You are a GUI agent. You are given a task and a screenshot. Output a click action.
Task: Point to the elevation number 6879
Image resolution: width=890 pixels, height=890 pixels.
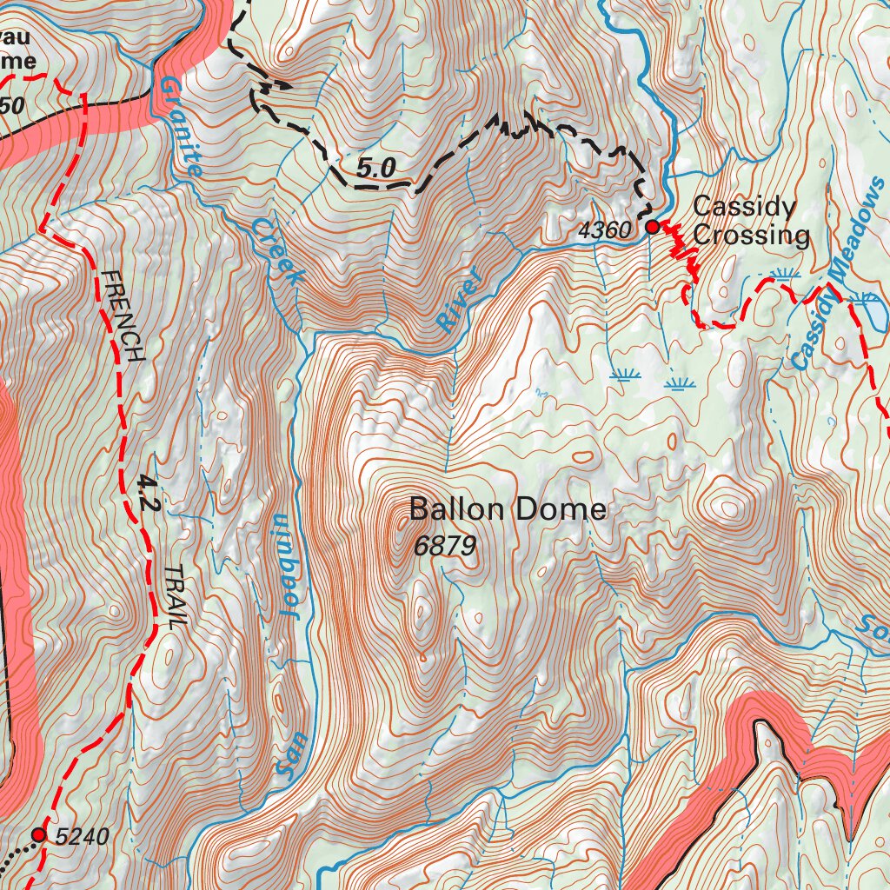[445, 546]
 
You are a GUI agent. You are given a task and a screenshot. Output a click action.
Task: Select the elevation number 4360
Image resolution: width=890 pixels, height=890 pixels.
[603, 231]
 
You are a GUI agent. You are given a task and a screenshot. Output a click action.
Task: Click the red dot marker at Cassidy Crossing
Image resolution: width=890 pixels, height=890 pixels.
[652, 227]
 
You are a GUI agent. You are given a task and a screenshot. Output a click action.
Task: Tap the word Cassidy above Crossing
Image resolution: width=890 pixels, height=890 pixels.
[744, 208]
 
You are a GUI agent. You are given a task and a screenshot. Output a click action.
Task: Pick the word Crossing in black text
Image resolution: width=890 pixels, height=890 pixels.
[751, 236]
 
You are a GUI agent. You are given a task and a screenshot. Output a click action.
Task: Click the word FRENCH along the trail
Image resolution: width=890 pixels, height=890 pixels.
[123, 315]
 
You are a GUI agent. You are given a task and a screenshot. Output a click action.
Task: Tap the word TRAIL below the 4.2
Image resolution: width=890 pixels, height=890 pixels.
[175, 597]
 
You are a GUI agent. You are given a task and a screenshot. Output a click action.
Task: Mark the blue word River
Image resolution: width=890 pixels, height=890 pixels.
[460, 301]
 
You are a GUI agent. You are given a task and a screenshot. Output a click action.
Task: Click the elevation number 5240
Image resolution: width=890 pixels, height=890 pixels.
[82, 837]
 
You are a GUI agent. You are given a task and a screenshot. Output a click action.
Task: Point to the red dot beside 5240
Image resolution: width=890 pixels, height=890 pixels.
[38, 834]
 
